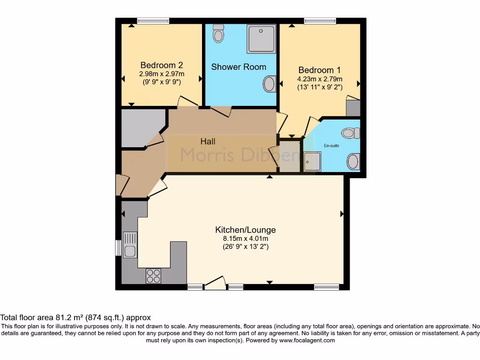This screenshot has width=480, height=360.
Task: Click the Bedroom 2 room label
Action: [x=162, y=66]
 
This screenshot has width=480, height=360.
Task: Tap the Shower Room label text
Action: [x=239, y=67]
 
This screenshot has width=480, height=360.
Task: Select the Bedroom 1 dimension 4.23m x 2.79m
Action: [x=320, y=79]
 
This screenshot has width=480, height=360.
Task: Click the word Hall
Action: [x=208, y=141]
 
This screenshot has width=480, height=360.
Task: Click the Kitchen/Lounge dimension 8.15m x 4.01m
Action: [x=245, y=238]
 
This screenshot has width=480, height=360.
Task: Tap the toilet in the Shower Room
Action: [x=218, y=33]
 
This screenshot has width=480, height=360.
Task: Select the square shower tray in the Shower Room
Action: [x=262, y=39]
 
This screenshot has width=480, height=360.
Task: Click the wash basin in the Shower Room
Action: [x=270, y=84]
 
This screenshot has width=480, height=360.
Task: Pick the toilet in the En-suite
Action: [x=350, y=134]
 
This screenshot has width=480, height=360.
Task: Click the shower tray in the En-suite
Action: [x=312, y=162]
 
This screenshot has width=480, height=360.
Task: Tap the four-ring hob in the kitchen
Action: [x=153, y=276]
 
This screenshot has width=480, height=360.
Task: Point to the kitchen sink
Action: [x=129, y=245]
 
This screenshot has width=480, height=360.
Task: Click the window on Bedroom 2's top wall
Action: [x=153, y=21]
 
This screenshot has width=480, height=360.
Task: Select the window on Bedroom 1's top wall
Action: [x=320, y=21]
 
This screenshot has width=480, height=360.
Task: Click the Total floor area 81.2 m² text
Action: [x=75, y=317]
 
